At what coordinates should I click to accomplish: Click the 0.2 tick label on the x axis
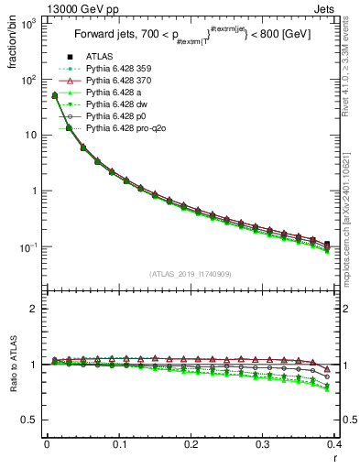pos(191,444)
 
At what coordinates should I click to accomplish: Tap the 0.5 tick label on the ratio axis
pos(30,420)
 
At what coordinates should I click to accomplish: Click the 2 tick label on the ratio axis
pos(34,309)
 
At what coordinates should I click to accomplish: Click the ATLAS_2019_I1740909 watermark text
pos(191,274)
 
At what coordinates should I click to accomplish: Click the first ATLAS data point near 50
pos(54,95)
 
